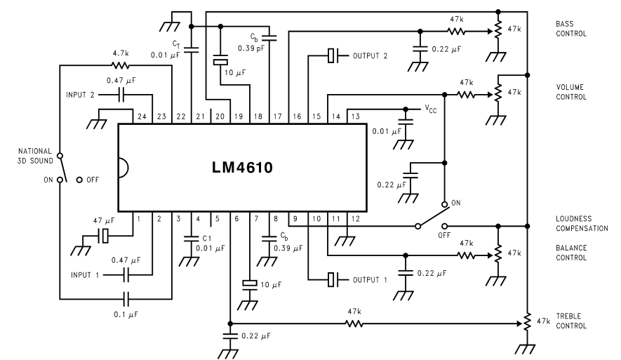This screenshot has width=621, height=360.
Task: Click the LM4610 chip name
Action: (x=243, y=169)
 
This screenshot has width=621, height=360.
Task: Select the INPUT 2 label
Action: (x=81, y=95)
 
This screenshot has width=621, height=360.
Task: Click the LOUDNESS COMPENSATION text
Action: (x=579, y=223)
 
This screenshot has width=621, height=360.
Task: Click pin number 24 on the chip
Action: (x=143, y=116)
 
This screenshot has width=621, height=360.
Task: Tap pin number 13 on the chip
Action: (x=356, y=116)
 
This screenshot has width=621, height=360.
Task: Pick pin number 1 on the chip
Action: (x=138, y=220)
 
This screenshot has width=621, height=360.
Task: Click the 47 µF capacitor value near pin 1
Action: (x=104, y=220)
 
